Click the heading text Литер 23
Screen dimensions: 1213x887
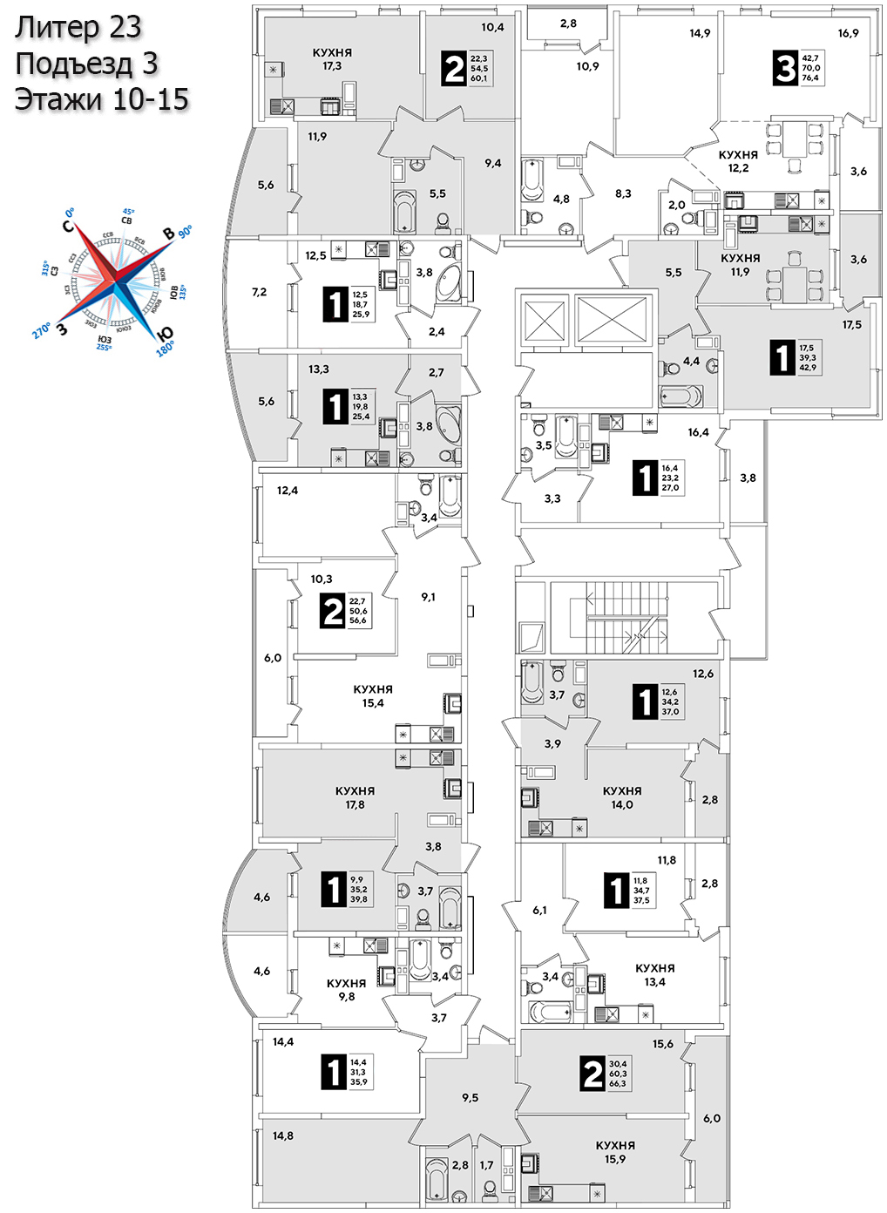[78, 28]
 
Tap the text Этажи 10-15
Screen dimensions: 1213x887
[101, 99]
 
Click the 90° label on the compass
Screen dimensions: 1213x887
[185, 232]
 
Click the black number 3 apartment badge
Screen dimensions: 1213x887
[785, 67]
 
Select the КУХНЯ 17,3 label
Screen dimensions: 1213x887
[332, 59]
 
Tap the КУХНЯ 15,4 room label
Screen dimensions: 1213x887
[373, 696]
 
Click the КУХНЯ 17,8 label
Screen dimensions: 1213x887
[355, 797]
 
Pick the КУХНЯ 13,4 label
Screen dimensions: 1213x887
[654, 975]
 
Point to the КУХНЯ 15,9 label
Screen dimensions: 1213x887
[615, 1152]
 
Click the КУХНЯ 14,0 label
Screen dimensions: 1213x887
[621, 797]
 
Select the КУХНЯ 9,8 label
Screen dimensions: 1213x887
[346, 990]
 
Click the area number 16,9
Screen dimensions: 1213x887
[848, 33]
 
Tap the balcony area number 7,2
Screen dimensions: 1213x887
[259, 292]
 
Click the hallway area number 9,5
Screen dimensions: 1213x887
[470, 1098]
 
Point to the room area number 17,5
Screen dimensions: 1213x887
[851, 325]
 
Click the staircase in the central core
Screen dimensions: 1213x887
[619, 617]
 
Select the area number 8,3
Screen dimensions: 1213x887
[623, 193]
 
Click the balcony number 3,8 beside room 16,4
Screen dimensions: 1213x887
[748, 478]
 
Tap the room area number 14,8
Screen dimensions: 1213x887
[282, 1135]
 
